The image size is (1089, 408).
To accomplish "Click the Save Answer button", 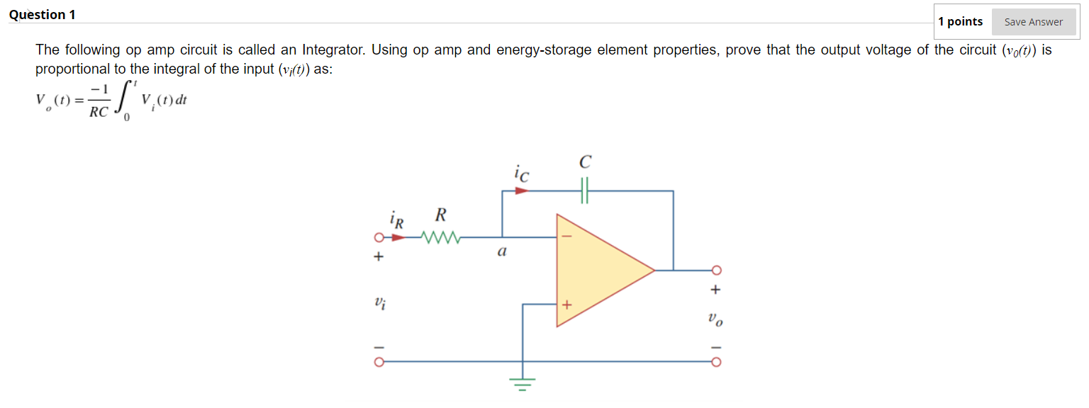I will [1033, 22].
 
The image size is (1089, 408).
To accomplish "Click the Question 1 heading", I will [42, 15].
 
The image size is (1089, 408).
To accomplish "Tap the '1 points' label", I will [960, 21].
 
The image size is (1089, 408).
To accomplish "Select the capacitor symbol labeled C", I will [585, 191].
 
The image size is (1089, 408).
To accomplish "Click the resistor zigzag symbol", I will [441, 237].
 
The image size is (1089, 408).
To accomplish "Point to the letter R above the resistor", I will [440, 215].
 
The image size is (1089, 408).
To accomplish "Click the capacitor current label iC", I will [520, 173].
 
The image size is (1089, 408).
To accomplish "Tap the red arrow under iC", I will [521, 191].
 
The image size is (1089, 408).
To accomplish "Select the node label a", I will [502, 251].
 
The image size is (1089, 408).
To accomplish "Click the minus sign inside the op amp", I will [566, 237].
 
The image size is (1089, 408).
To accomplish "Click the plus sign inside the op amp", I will [566, 305].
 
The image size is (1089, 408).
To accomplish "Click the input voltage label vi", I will [380, 303].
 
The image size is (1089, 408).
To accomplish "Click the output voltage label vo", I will [715, 320].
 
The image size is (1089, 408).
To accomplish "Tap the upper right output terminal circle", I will [716, 270].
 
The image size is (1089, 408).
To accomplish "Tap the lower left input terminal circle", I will [379, 362].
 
